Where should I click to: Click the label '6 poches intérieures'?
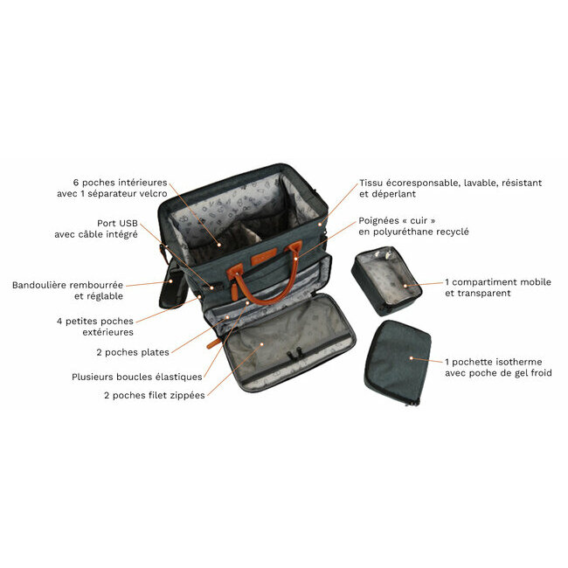pos(120,183)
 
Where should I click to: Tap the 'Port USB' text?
pos(117,223)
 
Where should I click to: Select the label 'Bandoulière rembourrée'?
pos(67,285)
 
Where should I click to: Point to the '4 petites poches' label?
pos(95,322)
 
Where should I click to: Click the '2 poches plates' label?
pos(133,352)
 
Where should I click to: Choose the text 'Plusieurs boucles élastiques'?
pos(137,378)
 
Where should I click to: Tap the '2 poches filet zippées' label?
pos(155,395)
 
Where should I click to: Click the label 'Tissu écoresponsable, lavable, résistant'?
pos(450,183)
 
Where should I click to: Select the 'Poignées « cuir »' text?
pos(397,220)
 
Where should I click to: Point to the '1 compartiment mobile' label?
pos(498,282)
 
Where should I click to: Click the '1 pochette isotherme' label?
pos(494,362)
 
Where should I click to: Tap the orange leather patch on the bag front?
pos(264,256)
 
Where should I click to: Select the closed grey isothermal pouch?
pos(398,363)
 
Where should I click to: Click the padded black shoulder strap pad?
pos(173,287)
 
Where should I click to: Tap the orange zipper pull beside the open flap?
pos(213,343)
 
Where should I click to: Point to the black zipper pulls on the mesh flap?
pos(294,354)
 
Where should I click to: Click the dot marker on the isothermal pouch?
pos(412,358)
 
